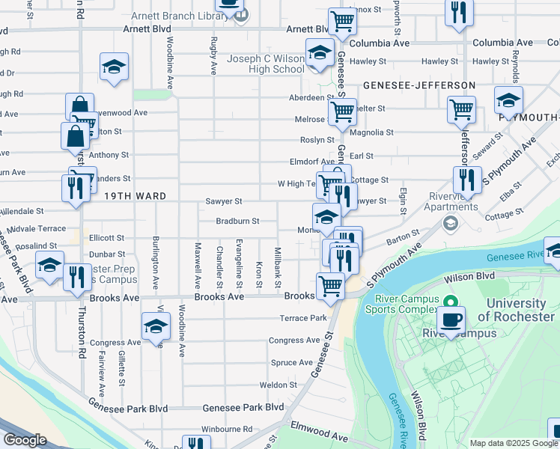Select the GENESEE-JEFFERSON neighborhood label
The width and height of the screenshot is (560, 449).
pos(419,86)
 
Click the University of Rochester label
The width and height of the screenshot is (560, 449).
pos(516,310)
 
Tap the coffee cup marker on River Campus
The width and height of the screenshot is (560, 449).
pos(451,320)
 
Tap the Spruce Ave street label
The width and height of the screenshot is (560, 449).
pos(291,363)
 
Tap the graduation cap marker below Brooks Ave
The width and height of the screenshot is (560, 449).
pos(156,326)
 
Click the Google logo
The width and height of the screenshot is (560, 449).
pos(25,440)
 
